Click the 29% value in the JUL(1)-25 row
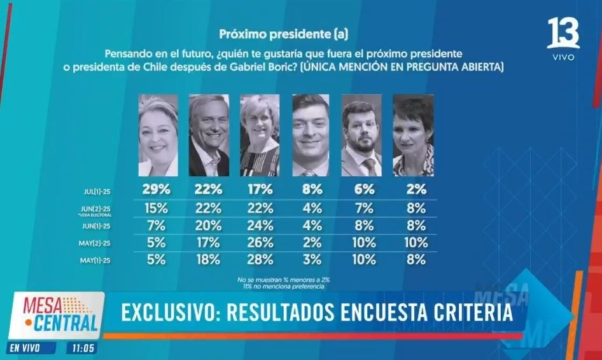[x=157, y=189]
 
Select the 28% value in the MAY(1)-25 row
[x=260, y=259]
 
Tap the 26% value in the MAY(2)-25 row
[x=260, y=242]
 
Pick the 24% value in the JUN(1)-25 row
[x=260, y=225]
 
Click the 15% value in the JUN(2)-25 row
[x=157, y=208]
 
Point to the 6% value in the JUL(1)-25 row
[x=362, y=189]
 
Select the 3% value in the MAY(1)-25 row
[x=311, y=259]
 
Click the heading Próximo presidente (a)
[x=284, y=33]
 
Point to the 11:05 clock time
[x=83, y=348]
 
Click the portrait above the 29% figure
[x=158, y=135]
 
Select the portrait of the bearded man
[x=361, y=135]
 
